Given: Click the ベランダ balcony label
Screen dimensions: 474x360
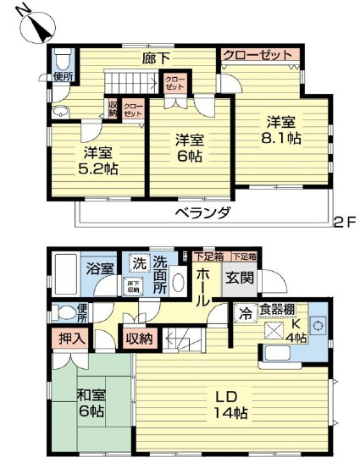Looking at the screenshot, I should pyautogui.click(x=204, y=212).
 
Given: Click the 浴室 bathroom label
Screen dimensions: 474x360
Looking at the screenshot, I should pyautogui.click(x=100, y=270).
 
